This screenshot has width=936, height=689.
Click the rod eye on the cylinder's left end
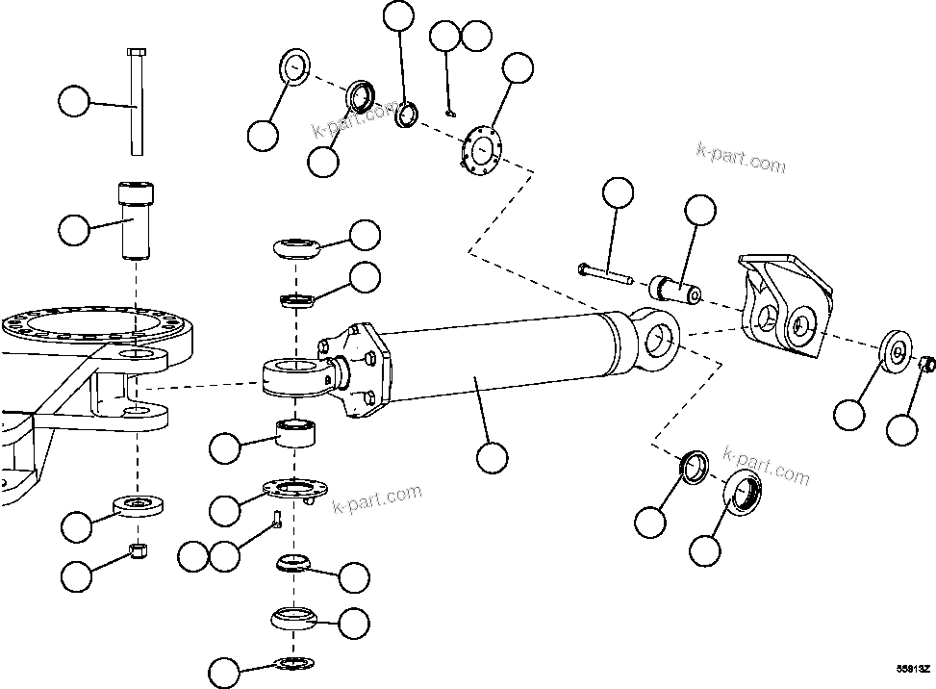point(292,374)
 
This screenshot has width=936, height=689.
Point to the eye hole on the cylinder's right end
point(658,338)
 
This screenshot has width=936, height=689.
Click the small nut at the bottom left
point(139,550)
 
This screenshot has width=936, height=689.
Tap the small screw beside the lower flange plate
point(274,521)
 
